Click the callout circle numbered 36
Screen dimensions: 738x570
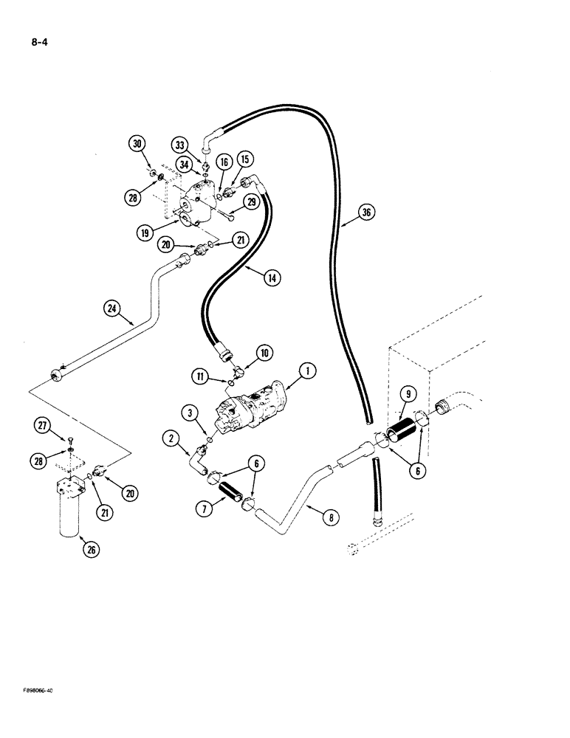(366, 213)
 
